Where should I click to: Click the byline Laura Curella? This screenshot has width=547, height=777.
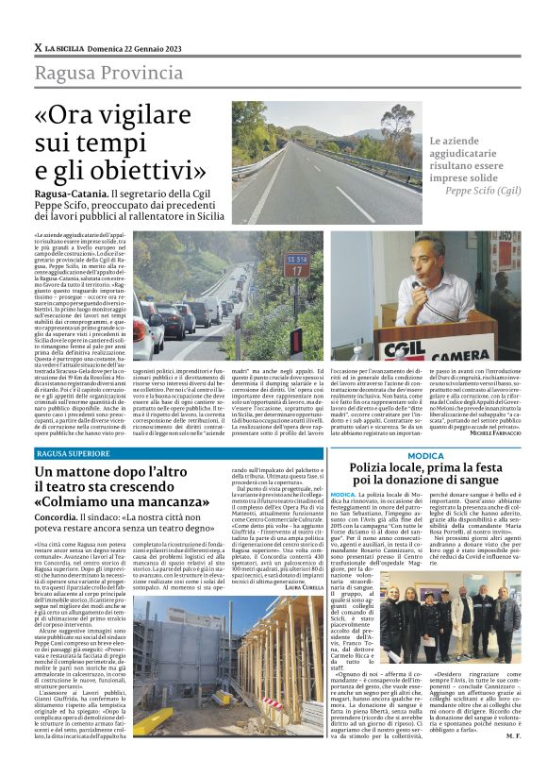point(298,587)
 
